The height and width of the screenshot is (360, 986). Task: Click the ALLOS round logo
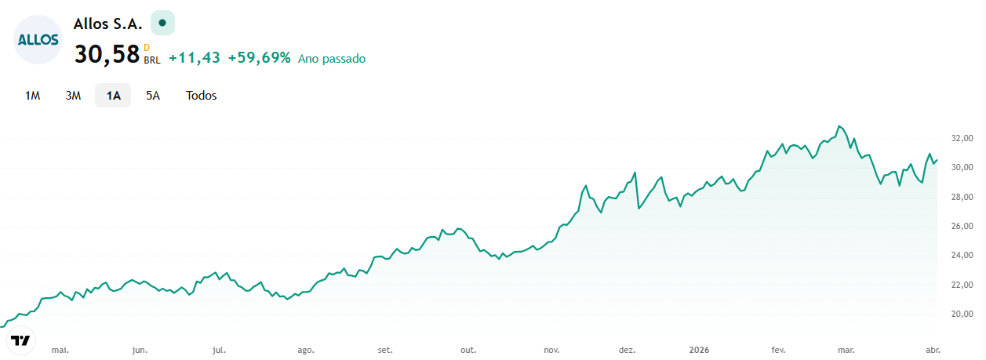coord(38,40)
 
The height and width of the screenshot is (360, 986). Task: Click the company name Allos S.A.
coord(107,24)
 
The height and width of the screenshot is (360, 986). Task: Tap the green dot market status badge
coord(162,23)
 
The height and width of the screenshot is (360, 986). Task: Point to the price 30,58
coord(107,55)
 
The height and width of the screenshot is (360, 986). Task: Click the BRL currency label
coord(152,60)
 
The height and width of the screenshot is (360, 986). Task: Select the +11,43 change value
coord(194,58)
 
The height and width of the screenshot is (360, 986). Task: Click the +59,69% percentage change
coord(260,58)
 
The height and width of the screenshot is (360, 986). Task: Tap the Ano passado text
coord(332,59)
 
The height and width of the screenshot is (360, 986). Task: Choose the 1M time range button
coord(33,96)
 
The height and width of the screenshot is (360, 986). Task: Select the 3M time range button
coord(73,96)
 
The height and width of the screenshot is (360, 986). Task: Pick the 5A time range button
coord(153,96)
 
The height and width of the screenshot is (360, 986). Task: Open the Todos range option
coord(201,96)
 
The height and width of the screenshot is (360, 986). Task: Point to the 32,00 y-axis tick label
coord(962,138)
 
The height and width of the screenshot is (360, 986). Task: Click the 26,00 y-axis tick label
coord(962,226)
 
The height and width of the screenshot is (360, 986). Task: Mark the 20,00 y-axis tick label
coord(962,315)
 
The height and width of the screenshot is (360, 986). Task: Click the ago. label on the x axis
coord(306,351)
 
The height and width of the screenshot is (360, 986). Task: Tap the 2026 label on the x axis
coord(699,350)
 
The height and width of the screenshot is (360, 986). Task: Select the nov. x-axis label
coord(551,351)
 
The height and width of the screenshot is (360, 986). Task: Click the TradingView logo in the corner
coord(20,340)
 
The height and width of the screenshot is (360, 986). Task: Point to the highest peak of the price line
coord(840,126)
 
